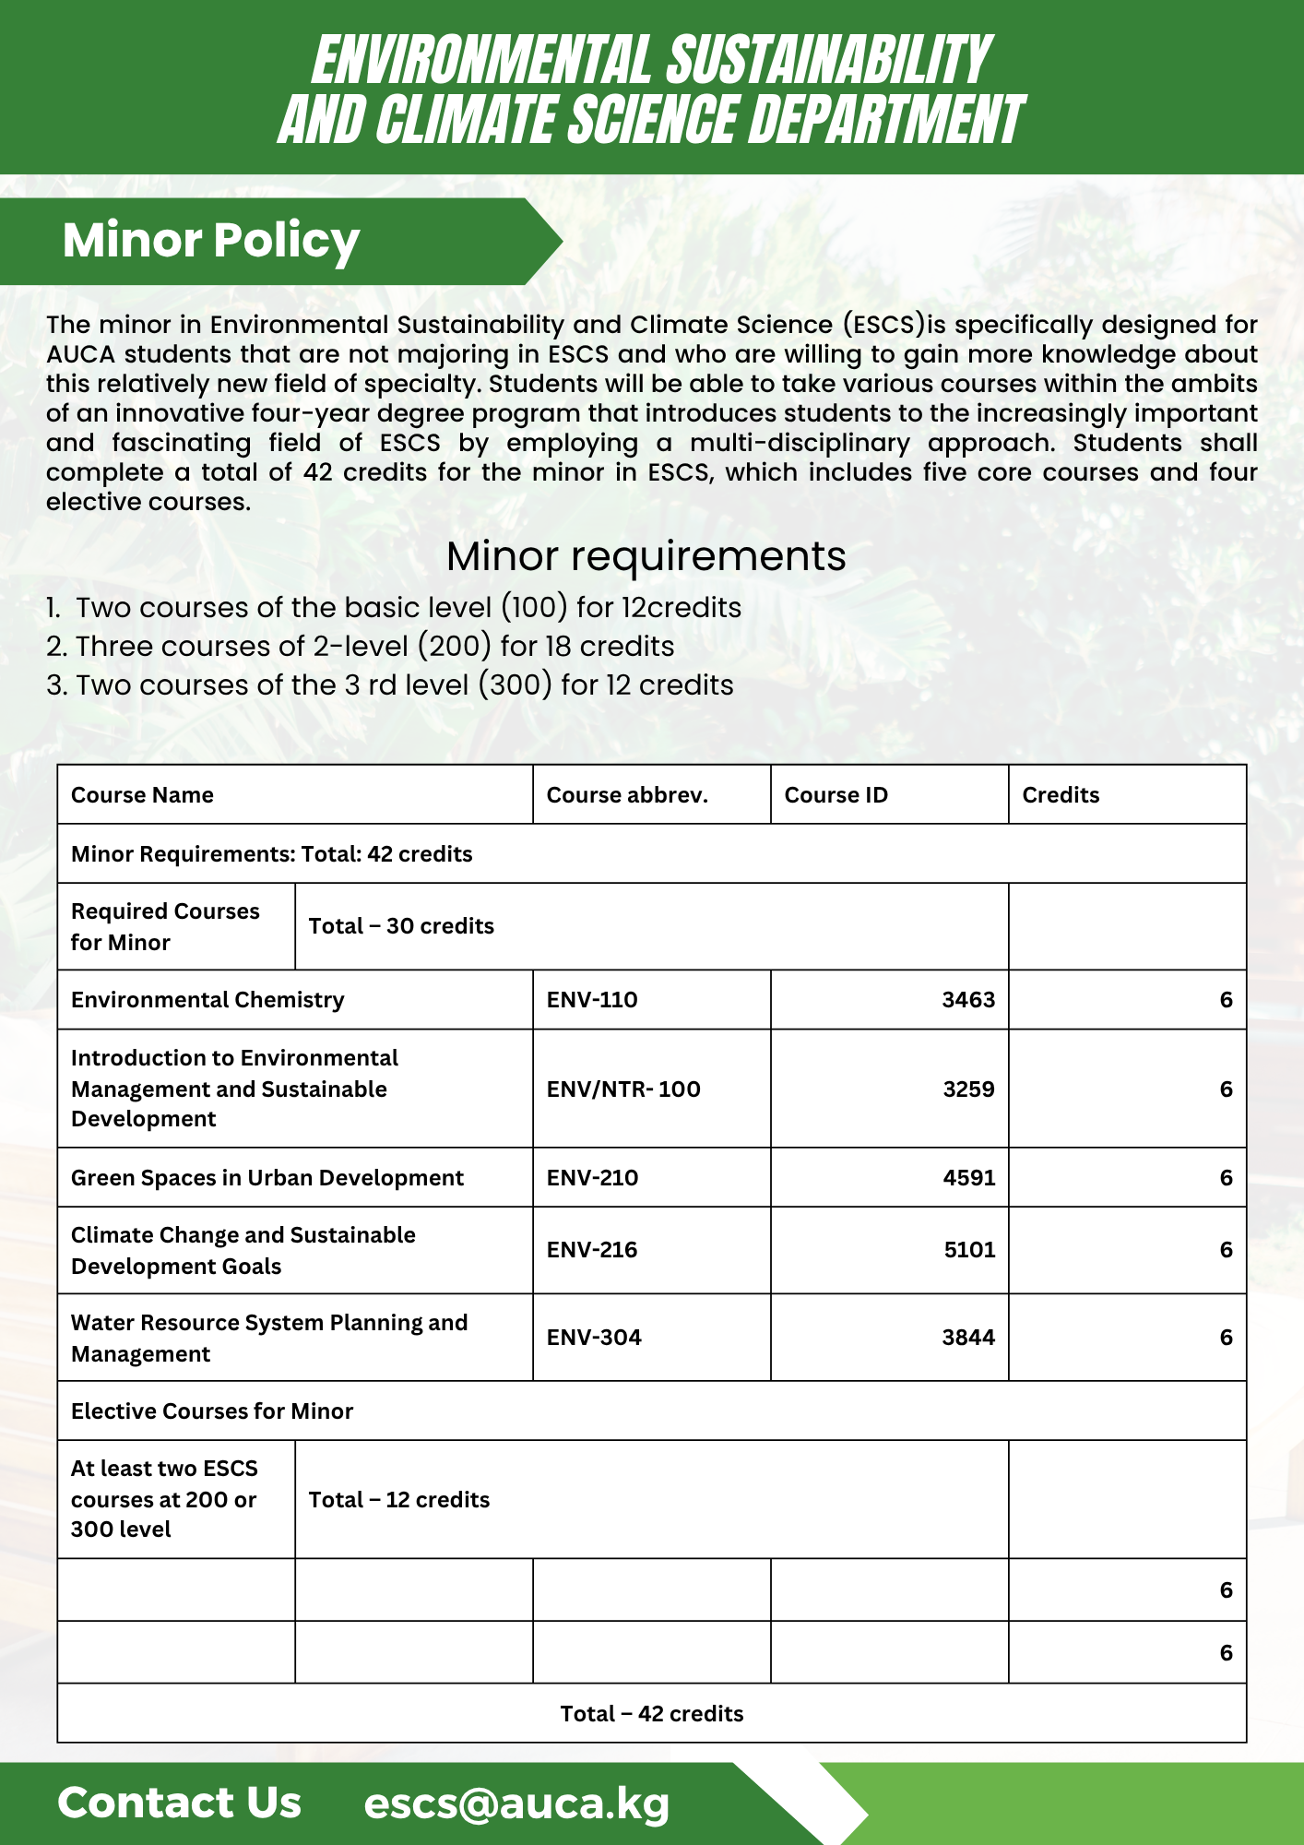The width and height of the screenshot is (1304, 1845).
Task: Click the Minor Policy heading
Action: (211, 241)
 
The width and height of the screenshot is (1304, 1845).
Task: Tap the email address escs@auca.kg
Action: (516, 1803)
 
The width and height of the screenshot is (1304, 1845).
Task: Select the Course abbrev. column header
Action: (627, 795)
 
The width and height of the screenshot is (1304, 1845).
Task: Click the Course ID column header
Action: (836, 795)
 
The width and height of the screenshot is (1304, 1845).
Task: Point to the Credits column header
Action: (1061, 795)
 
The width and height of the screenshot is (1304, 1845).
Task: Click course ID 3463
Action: (968, 1000)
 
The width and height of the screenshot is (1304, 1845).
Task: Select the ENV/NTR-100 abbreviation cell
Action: (623, 1089)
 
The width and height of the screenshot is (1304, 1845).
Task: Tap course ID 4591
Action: (968, 1178)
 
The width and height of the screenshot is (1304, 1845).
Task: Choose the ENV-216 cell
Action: (592, 1250)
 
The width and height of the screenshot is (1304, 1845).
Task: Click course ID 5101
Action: (969, 1250)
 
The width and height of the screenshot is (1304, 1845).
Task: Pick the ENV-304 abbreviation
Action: (594, 1338)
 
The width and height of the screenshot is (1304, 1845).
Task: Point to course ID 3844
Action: (968, 1338)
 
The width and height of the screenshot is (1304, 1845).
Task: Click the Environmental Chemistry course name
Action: (207, 1000)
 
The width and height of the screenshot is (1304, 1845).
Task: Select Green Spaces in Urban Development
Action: (267, 1178)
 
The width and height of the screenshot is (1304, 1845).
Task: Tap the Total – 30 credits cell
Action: (401, 926)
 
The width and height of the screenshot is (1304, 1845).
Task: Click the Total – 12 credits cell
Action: (399, 1500)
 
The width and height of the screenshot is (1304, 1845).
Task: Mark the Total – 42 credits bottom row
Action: (652, 1714)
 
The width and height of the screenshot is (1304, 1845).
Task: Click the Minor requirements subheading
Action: (646, 556)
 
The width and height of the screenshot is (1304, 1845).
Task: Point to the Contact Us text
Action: (180, 1803)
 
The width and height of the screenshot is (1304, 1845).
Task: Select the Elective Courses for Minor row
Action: (212, 1411)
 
